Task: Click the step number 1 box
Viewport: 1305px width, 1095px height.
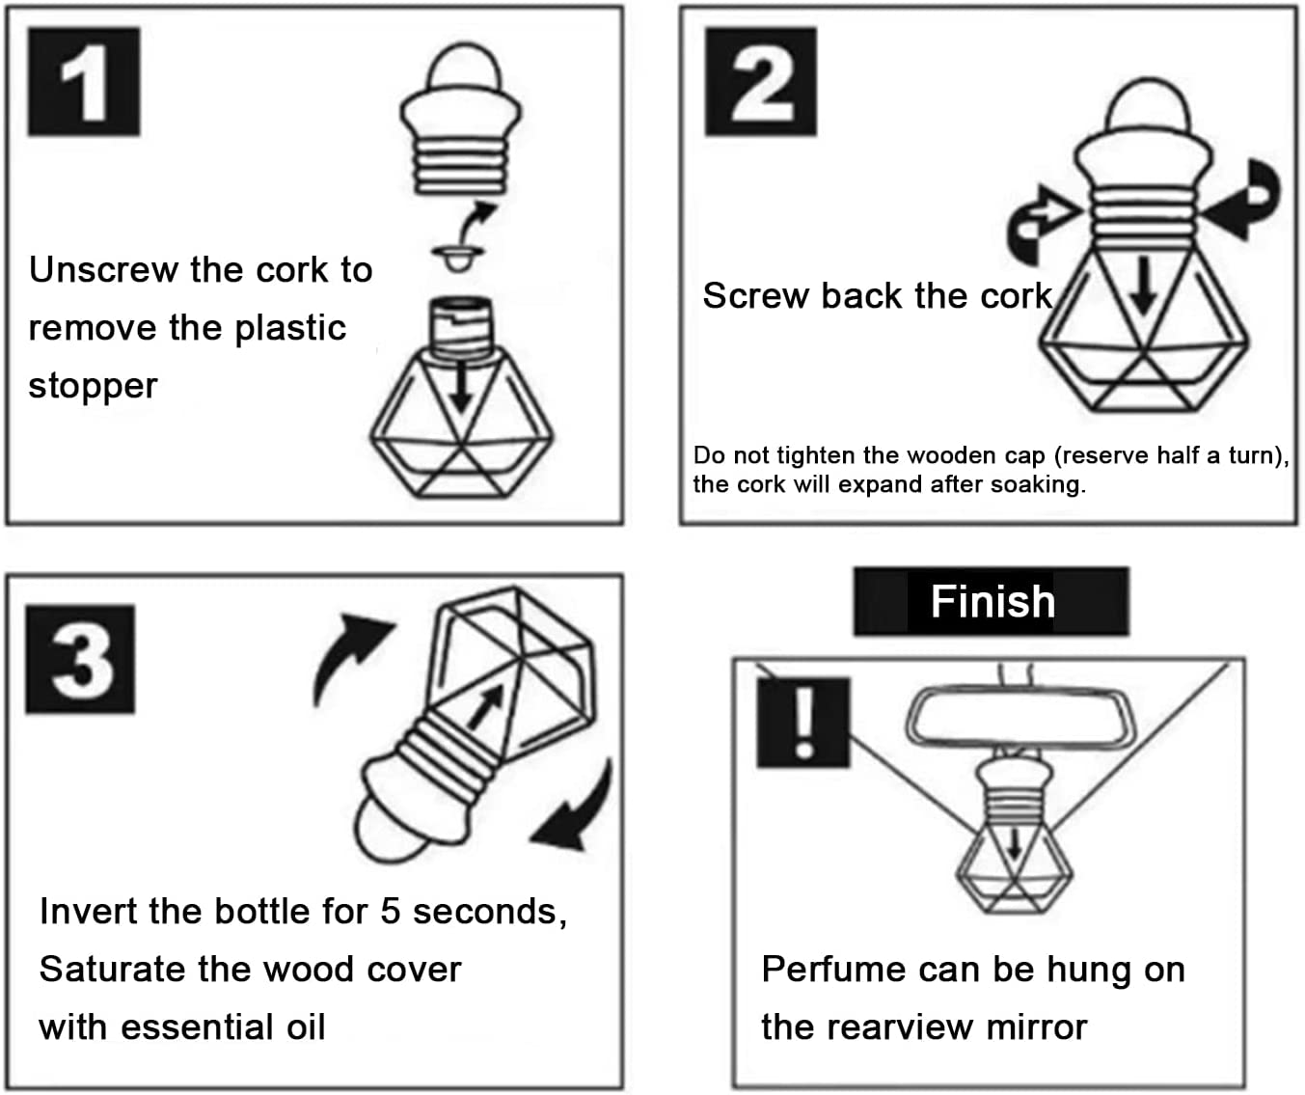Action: coord(84,81)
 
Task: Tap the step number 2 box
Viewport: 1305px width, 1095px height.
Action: coord(760,81)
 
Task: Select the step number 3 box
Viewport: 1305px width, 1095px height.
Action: coord(80,659)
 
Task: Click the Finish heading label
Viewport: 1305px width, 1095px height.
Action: coord(991,601)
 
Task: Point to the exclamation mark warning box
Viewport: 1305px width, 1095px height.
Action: coord(802,722)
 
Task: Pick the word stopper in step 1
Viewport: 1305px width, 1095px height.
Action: coord(93,386)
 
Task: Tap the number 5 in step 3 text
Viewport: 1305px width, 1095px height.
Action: coord(391,911)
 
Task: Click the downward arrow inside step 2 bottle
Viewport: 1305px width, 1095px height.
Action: coord(1143,287)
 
